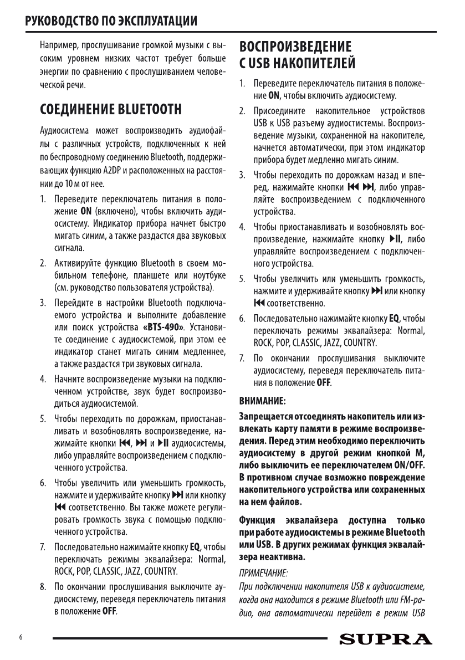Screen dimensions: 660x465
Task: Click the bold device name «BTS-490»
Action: (171, 325)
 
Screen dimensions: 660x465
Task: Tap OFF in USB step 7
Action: (323, 382)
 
